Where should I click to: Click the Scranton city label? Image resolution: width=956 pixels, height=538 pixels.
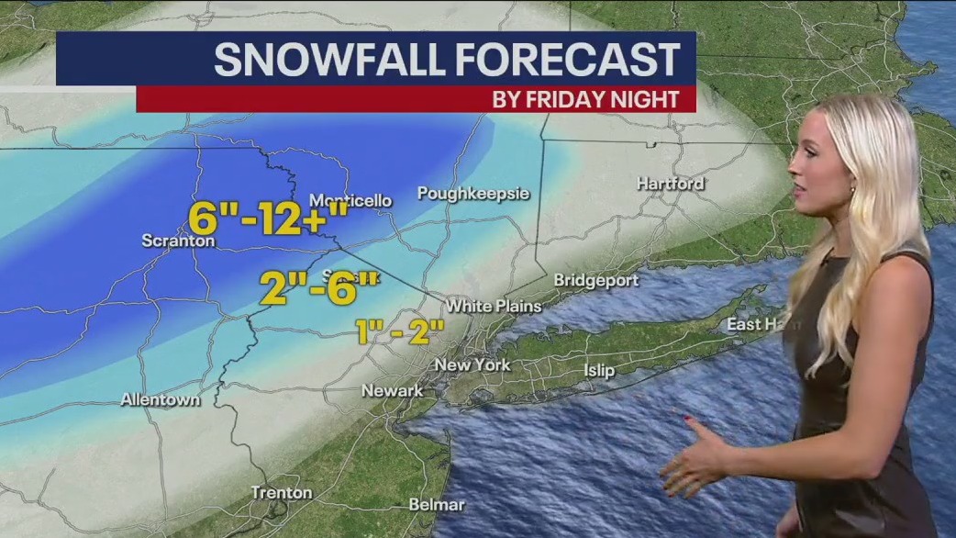pos(178,241)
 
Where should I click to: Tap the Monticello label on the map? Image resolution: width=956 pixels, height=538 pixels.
pos(350,200)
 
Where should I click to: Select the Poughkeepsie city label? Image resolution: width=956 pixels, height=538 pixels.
pos(473,193)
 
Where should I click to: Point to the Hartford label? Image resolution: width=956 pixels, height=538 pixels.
pos(671,184)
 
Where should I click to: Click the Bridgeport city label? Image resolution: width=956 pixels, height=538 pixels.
pos(595,279)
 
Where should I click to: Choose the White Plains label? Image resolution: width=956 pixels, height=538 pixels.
pos(494,306)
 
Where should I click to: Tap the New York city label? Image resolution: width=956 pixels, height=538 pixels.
pos(472,364)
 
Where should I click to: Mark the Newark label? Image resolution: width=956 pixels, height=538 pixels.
pos(393,390)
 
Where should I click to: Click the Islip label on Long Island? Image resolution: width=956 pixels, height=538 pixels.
pos(599,371)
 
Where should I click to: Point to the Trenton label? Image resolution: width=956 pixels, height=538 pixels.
pos(282,493)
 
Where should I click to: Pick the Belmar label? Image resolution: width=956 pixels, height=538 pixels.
pos(438,504)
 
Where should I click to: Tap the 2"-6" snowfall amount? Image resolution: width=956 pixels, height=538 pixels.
pos(317,286)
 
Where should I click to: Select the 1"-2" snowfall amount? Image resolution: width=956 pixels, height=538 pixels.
pos(400,331)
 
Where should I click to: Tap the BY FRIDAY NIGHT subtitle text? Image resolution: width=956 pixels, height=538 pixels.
pos(585,99)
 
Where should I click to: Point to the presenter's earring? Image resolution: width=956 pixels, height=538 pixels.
pos(851,191)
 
